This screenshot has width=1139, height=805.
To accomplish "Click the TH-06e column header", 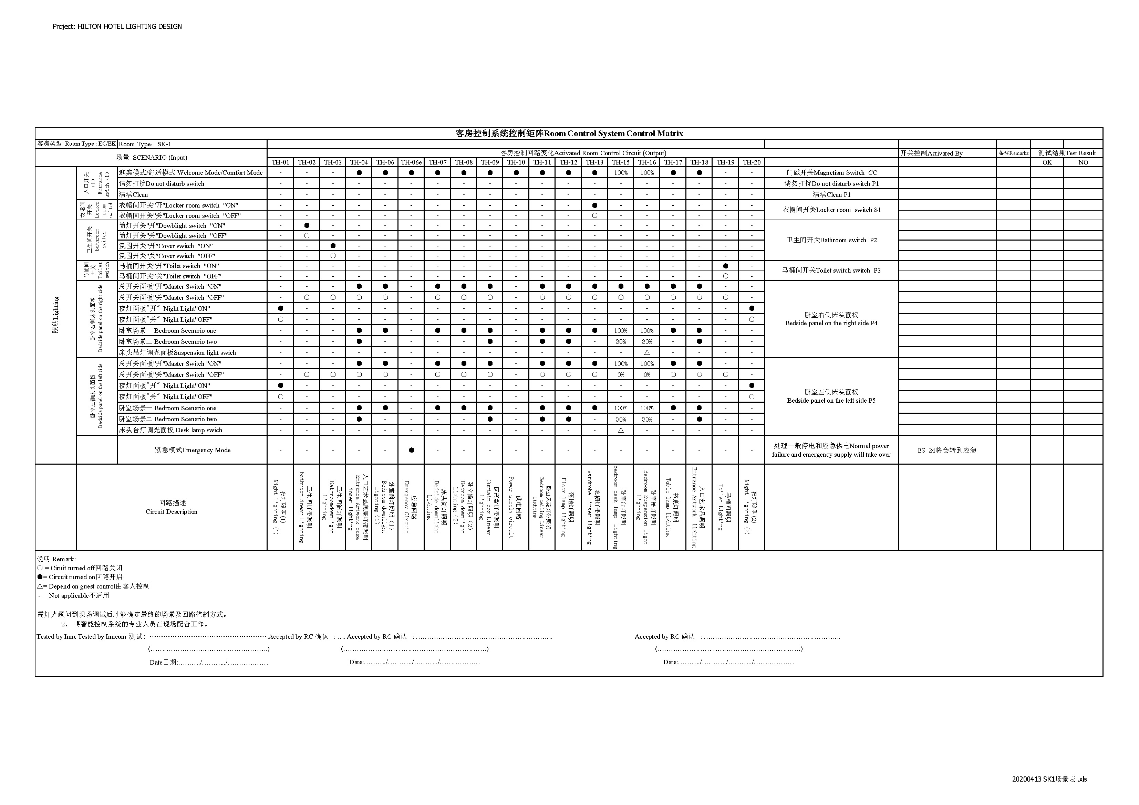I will click(x=411, y=162).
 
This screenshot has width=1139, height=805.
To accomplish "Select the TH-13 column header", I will click(x=594, y=162).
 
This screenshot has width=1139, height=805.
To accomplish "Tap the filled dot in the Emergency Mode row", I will click(x=411, y=450).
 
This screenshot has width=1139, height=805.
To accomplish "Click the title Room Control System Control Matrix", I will click(x=569, y=133).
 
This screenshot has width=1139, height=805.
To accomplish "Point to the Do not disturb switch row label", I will click(x=162, y=183).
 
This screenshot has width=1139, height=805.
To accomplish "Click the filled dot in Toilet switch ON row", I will click(x=725, y=266).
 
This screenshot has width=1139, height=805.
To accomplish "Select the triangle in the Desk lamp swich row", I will click(x=621, y=430).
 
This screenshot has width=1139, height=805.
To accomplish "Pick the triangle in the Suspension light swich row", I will click(x=647, y=352).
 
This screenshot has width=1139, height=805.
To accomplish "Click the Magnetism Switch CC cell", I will click(x=831, y=172).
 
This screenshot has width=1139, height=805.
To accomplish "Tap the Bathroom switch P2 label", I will click(x=831, y=240).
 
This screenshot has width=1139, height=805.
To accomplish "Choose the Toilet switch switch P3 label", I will click(x=831, y=270).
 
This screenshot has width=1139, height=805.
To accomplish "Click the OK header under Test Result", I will click(x=1047, y=162).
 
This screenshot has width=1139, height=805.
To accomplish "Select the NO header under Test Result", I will click(x=1083, y=162).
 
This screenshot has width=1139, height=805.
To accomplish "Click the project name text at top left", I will click(x=117, y=26).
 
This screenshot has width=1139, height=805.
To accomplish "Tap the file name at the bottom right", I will click(x=1049, y=779).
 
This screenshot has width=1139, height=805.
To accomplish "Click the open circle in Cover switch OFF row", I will click(x=333, y=256).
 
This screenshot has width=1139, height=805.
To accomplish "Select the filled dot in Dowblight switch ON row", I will click(x=307, y=225).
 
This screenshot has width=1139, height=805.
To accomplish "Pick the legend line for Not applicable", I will click(x=73, y=595).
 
